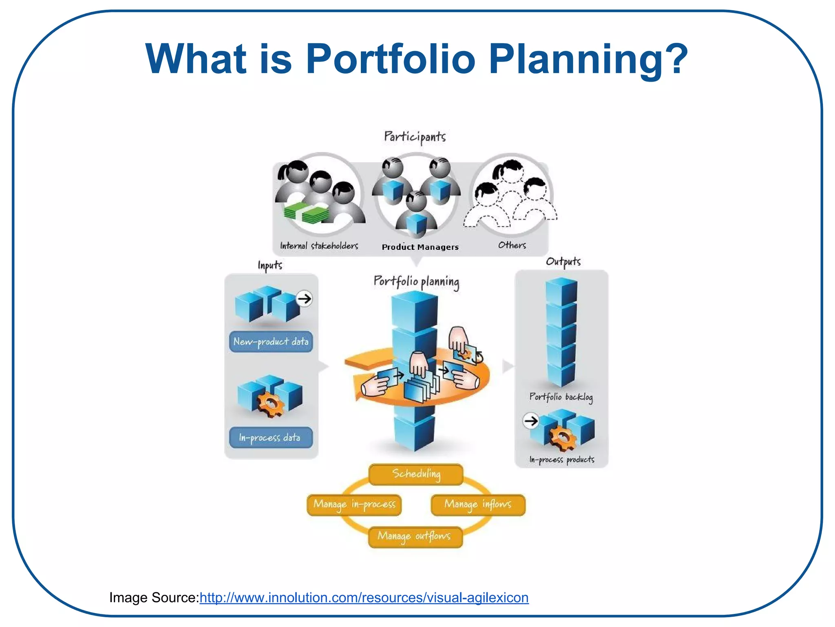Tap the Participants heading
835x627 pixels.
point(415,137)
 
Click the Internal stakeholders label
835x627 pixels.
point(319,246)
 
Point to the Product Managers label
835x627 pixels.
point(420,247)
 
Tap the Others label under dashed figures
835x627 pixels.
point(512,245)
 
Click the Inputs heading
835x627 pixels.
point(270,265)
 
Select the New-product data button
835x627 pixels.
point(271,342)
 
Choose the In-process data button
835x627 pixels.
point(271,438)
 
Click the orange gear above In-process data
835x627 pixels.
point(270,404)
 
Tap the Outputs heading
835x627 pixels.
point(563,262)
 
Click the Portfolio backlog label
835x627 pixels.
point(561,397)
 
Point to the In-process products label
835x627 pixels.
point(562,460)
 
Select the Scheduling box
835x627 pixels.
point(416,474)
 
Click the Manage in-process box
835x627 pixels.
point(354,505)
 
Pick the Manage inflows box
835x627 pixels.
point(478,505)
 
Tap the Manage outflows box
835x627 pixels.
point(415,536)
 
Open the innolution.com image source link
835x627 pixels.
point(364,598)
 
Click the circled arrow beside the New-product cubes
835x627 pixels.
point(304,299)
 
